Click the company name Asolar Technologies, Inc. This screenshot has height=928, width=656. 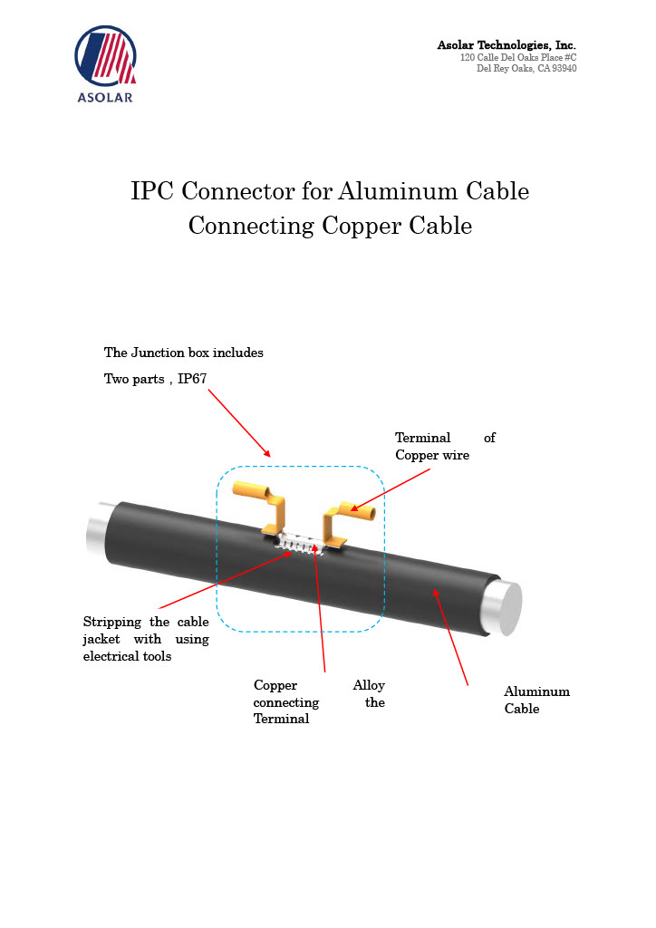tap(506, 45)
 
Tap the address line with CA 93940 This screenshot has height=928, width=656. tap(526, 69)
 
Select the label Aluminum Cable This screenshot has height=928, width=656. tap(536, 701)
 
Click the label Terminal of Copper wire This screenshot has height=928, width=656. tap(445, 447)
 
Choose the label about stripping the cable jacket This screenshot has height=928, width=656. tap(145, 639)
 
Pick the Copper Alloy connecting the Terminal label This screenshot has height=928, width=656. tap(319, 702)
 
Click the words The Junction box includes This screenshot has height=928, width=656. tap(184, 353)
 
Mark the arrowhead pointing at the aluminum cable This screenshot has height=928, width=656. tap(436, 593)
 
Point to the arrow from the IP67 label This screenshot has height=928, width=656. tap(239, 422)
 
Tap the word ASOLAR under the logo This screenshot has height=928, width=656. tap(105, 97)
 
